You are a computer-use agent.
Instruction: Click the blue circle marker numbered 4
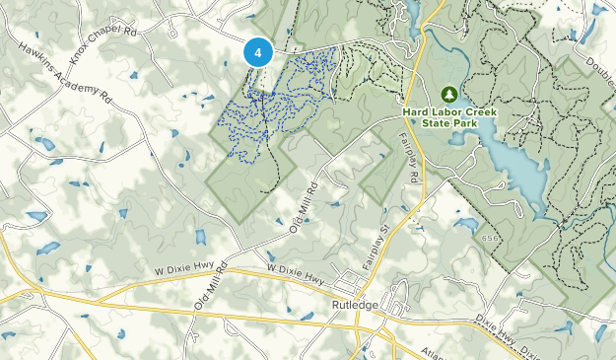click(257, 52)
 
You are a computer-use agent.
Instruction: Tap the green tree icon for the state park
click(449, 94)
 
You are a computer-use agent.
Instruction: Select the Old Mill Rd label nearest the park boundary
click(307, 205)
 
